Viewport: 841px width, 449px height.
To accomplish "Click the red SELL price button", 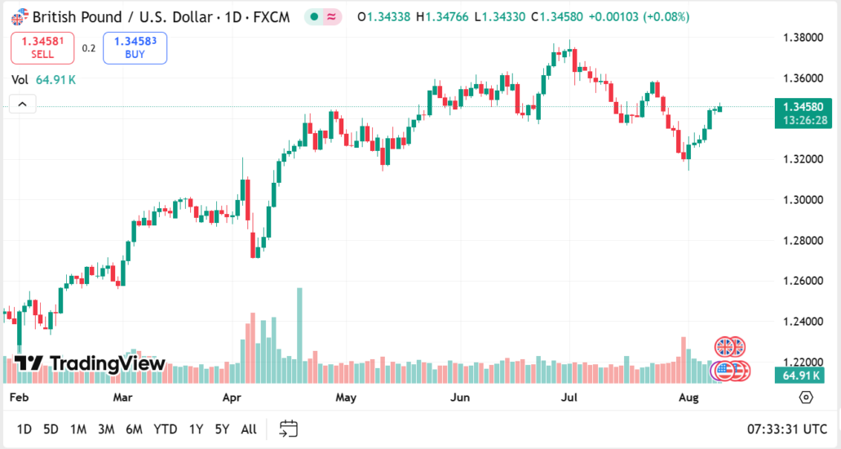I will click(42, 48).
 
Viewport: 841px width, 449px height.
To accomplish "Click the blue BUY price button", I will click(135, 48).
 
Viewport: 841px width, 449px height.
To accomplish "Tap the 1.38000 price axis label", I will click(800, 38).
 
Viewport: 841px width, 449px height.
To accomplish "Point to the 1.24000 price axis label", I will click(800, 322).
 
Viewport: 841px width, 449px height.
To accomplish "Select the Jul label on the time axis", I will click(569, 398).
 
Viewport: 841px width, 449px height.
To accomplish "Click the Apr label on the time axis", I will click(232, 398).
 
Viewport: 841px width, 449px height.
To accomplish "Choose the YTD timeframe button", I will click(166, 429).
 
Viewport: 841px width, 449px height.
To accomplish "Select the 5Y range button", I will click(222, 429).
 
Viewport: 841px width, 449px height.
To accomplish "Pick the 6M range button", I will click(135, 429).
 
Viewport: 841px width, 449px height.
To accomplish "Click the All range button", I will click(249, 429).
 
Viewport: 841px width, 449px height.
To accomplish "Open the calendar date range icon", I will click(288, 429).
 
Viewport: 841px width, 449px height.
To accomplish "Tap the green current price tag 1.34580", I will click(804, 107).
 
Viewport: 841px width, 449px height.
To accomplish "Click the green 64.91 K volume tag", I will click(800, 376).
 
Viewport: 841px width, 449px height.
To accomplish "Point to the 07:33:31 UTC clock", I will click(787, 429).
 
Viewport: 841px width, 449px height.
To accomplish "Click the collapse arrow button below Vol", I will click(23, 104).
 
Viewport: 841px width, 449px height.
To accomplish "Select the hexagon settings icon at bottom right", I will click(806, 398).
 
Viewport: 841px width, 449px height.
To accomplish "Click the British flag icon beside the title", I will click(20, 16).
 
